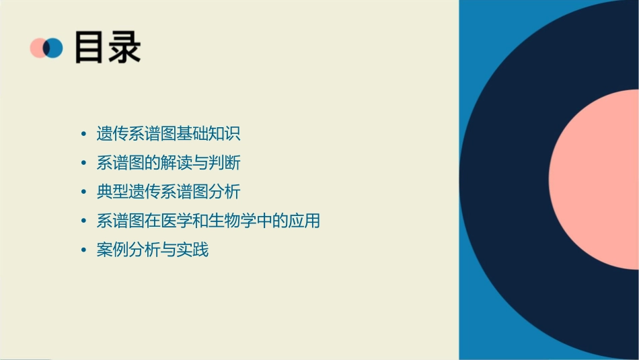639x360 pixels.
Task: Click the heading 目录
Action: pos(108,48)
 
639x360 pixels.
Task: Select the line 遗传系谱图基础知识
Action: pos(168,134)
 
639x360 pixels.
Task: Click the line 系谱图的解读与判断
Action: pos(168,163)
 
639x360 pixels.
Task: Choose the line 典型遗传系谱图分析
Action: pos(168,192)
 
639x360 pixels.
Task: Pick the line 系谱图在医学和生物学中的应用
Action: pos(208,221)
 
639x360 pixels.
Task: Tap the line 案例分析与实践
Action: pos(153,250)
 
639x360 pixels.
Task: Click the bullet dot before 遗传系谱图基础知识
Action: pos(83,134)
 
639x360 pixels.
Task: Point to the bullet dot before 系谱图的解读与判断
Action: pos(83,163)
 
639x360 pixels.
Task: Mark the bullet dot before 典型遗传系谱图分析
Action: pos(83,192)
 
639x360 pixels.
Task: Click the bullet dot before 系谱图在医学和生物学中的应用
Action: pos(83,221)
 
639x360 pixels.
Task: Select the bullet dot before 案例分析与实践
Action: pos(83,250)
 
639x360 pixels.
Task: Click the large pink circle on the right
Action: pos(599,178)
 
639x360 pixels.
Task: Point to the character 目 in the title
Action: pos(90,48)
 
